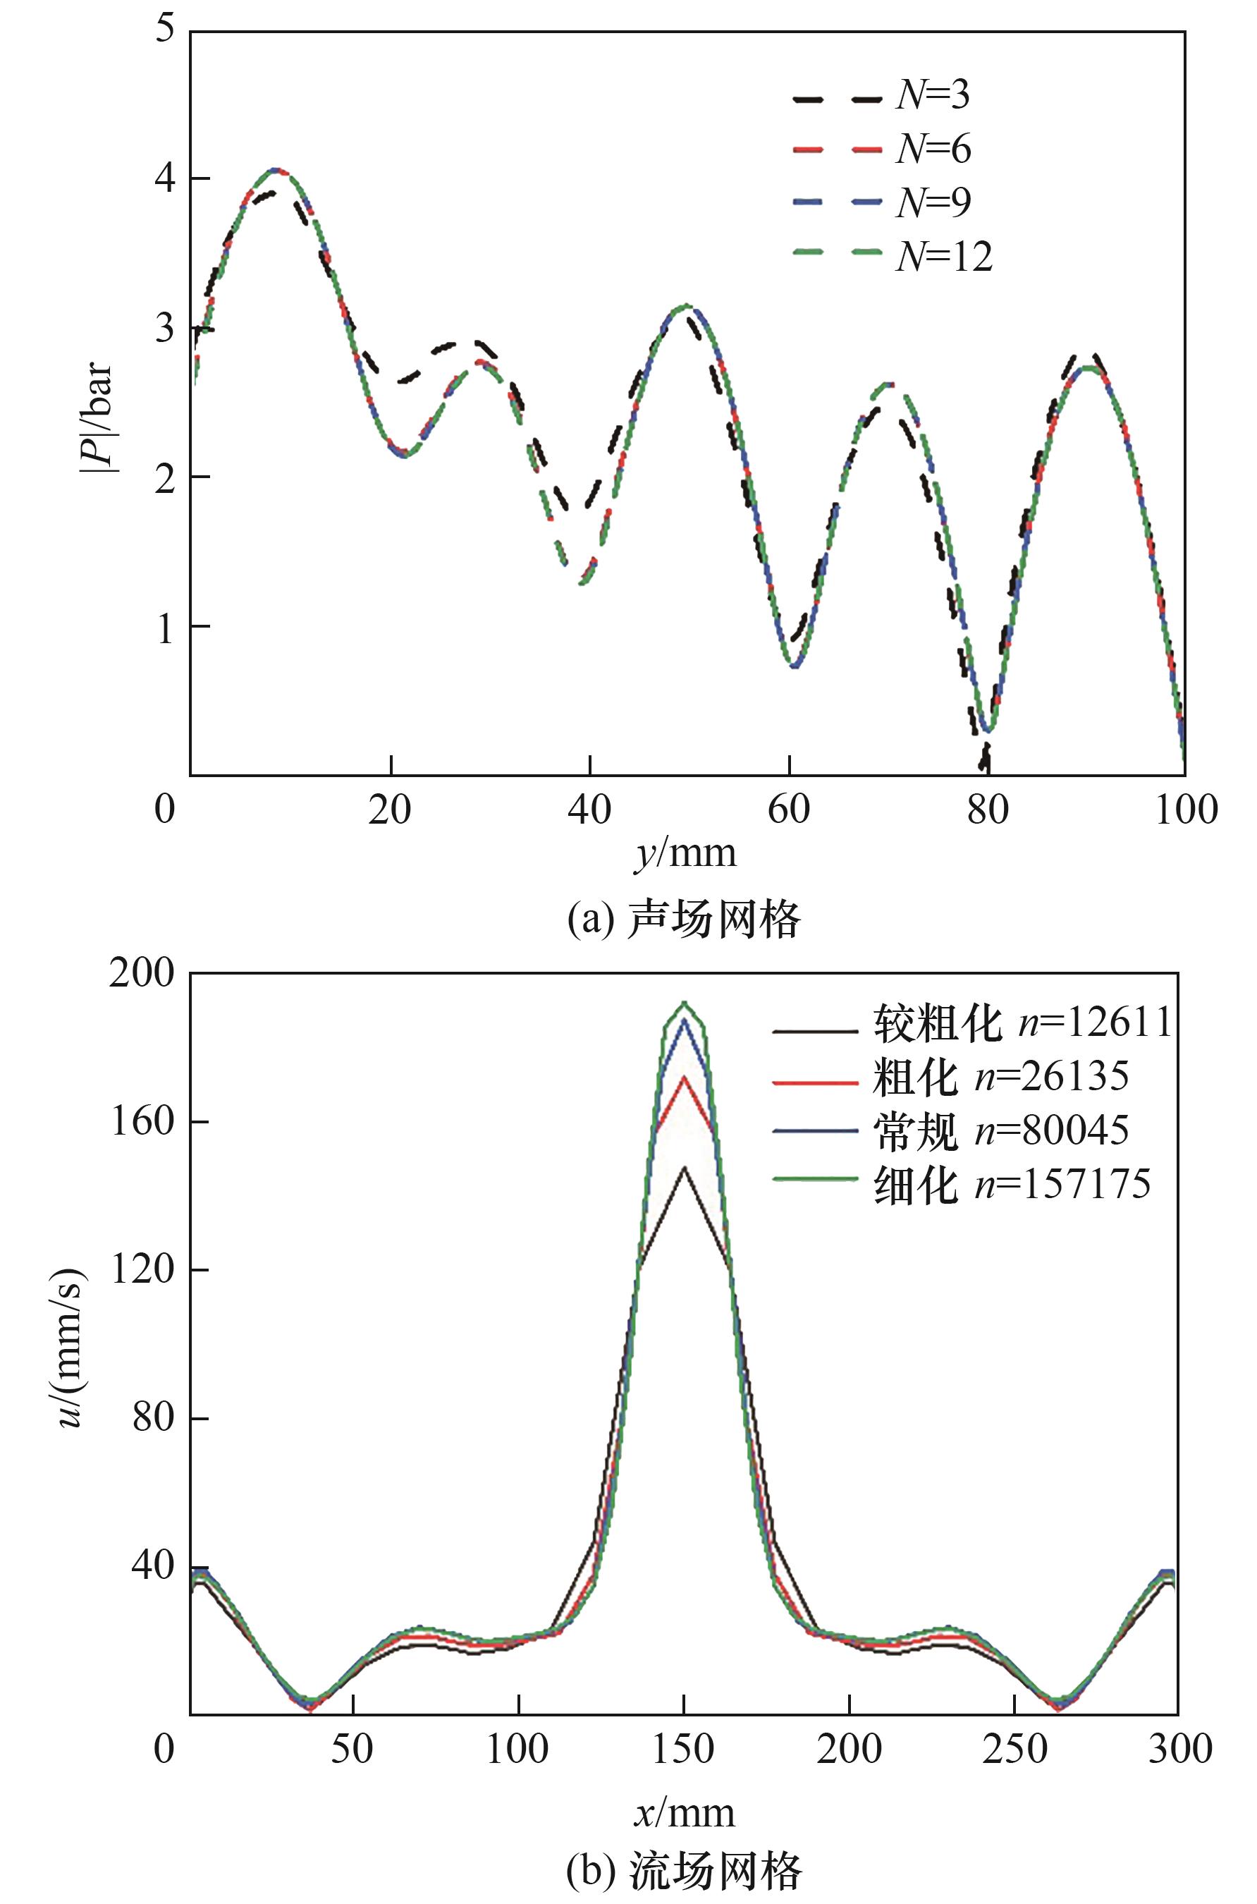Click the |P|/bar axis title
point(98,417)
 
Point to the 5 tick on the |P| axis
point(164,30)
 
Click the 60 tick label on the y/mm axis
point(789,810)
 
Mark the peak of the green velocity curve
point(684,1003)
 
